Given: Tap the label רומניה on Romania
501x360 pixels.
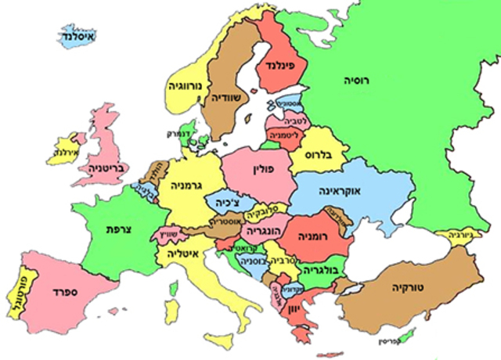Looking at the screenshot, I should tap(315, 234).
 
